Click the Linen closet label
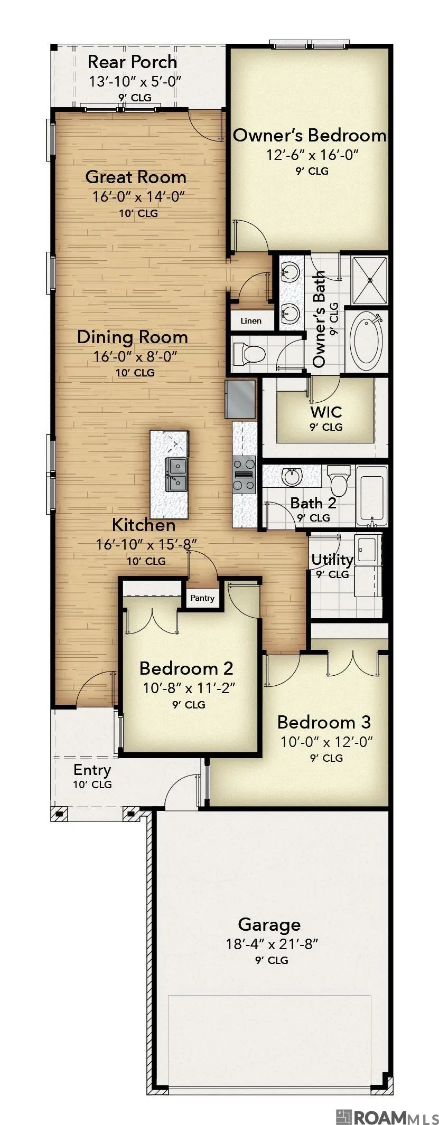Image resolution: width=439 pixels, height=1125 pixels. pos(250,320)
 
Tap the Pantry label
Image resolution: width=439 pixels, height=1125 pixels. pos(202,598)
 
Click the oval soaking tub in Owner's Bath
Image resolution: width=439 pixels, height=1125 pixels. pos(367,341)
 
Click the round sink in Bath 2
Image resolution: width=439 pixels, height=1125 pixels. pos(292,477)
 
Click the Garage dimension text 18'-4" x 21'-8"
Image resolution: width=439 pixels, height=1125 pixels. pos(272,943)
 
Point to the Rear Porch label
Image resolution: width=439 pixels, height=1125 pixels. pos(132,62)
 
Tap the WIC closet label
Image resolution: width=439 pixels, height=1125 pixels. pos(326,412)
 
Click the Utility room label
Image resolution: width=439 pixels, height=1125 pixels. pos(332,560)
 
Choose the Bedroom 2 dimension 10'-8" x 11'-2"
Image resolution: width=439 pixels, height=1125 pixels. pos(189,688)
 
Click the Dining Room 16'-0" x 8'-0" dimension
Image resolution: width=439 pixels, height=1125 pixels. pos(135,356)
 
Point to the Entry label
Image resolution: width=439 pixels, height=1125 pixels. pos(92,770)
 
